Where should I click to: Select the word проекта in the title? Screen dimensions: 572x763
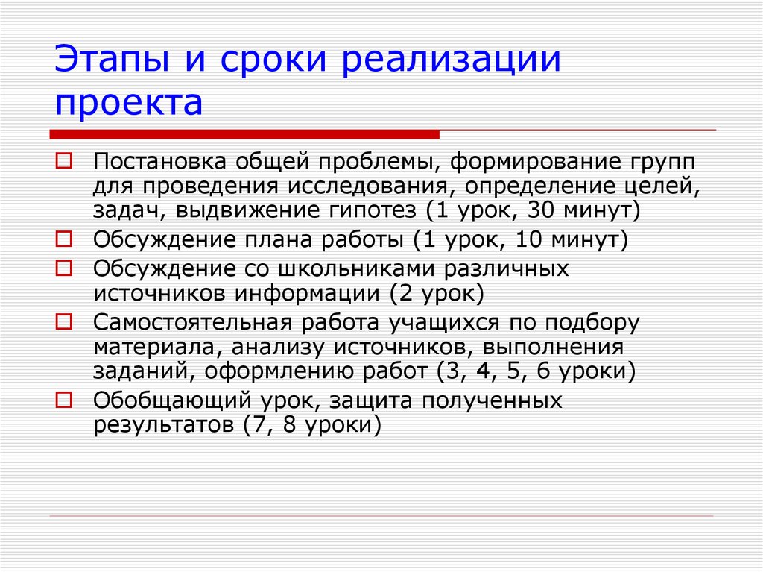[128, 103]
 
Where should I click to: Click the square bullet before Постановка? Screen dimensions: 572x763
[63, 160]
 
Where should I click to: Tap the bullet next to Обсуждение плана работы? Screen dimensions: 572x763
[63, 239]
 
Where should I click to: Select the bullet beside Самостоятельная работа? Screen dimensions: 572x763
[63, 321]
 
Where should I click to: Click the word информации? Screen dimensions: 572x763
[308, 292]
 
